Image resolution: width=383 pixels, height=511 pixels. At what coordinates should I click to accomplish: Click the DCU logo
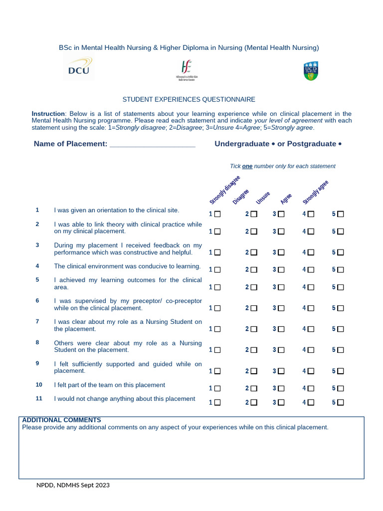coord(79,68)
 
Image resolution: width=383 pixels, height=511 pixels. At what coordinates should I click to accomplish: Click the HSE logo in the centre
coord(187,70)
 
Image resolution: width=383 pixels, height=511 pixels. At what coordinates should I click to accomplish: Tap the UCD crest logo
coord(310,71)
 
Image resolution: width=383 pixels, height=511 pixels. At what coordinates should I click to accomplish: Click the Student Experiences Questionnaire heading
coord(189,100)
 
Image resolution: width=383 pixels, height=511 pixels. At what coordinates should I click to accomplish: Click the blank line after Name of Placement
coord(152,144)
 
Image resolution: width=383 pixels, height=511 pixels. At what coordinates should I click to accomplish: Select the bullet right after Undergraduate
coord(274,144)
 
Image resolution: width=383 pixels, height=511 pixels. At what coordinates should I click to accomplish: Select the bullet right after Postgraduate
coord(340,144)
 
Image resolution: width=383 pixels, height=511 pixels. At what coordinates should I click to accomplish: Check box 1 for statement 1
coord(217,214)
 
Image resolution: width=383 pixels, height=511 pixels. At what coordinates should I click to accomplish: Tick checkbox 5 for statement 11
coord(341,402)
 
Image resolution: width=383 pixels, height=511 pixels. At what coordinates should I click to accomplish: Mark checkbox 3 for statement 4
coord(281,269)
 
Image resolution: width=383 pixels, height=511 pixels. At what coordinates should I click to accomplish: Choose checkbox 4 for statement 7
coord(311,329)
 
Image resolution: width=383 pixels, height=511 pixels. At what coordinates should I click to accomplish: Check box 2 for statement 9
coord(254,371)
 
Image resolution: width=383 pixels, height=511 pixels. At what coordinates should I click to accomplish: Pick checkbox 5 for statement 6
coord(341,308)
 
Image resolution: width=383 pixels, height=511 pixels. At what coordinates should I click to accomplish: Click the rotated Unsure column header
coord(263,198)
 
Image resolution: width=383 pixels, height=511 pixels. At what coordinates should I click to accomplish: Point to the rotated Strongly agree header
coord(316,192)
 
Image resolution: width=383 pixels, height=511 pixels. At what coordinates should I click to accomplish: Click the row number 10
coord(39,385)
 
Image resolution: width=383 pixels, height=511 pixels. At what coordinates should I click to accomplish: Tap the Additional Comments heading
coord(61,420)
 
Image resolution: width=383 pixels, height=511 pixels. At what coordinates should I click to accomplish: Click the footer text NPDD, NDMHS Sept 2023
coord(73,485)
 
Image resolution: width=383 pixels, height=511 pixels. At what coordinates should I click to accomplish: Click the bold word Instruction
coord(48,114)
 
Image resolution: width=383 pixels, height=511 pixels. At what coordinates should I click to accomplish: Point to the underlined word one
coord(247,166)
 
